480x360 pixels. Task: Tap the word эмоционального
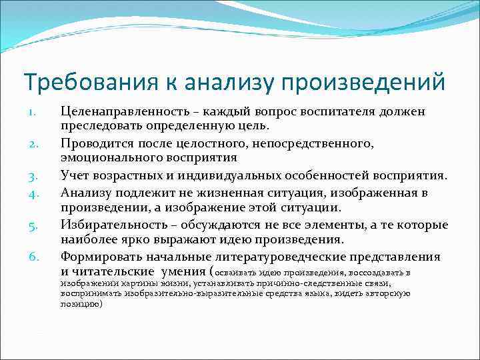tap(107, 158)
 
